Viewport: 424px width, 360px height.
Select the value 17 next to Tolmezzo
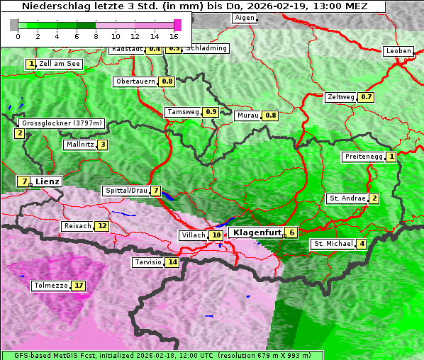79,286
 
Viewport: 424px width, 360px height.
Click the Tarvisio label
148,262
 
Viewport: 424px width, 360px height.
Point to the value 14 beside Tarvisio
172,262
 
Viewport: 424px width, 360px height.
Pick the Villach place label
193,235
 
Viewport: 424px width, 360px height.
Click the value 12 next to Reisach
102,226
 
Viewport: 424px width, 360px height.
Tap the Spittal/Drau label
125,191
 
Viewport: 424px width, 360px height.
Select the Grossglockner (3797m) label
62,123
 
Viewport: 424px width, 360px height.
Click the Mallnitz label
79,145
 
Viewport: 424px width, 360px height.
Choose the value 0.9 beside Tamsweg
211,112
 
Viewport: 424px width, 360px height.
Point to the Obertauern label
135,81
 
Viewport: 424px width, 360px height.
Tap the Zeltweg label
340,97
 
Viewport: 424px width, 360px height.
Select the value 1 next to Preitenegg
391,157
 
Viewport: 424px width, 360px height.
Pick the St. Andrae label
346,198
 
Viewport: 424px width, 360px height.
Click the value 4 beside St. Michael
362,244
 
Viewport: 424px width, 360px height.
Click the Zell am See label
60,64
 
